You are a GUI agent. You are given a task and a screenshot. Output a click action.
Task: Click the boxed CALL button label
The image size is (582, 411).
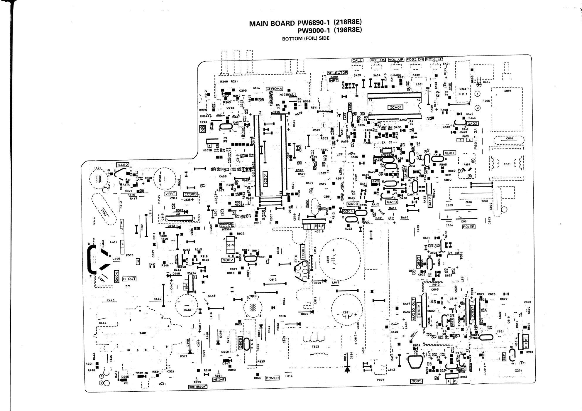tap(357, 60)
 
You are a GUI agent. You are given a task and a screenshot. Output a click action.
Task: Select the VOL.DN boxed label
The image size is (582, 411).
tap(378, 60)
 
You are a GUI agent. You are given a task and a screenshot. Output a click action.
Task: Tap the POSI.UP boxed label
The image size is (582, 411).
tap(434, 59)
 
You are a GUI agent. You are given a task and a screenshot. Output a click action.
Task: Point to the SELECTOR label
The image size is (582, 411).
tap(337, 73)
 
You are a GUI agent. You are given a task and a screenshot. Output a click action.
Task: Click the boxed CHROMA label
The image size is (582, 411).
tap(274, 89)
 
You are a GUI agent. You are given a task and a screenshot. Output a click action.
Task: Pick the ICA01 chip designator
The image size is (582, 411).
tap(395, 107)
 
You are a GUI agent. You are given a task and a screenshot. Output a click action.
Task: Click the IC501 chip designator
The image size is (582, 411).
tap(265, 179)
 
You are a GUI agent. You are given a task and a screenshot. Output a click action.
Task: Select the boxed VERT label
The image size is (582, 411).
tap(170, 194)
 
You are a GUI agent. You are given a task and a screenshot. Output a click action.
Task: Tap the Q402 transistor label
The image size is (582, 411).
tap(122, 165)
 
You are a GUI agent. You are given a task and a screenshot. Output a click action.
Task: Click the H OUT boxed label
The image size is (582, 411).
tap(129, 279)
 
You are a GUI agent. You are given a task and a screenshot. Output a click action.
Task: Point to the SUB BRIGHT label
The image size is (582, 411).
tap(198, 387)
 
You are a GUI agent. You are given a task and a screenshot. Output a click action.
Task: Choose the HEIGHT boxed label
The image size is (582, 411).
tap(219, 380)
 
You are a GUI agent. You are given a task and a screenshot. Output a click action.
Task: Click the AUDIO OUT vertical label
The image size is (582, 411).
tap(414, 309)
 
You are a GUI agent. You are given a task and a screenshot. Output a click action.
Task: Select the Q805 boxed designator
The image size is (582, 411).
tap(417, 381)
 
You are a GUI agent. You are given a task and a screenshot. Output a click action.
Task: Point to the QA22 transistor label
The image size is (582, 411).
tap(473, 124)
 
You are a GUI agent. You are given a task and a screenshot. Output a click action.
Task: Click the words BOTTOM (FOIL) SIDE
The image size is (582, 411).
tap(305, 38)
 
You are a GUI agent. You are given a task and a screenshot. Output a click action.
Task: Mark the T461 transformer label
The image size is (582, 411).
tap(143, 333)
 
